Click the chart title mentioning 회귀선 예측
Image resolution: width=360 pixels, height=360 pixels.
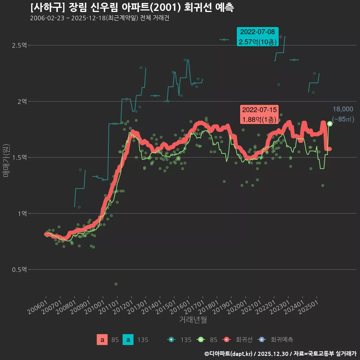pyautogui.click(x=132, y=7)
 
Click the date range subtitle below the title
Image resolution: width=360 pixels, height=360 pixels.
pyautogui.click(x=99, y=18)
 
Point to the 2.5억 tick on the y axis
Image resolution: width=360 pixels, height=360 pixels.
pyautogui.click(x=19, y=45)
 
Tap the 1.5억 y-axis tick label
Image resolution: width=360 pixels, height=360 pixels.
pyautogui.click(x=19, y=157)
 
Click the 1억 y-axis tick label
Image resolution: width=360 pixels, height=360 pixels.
pyautogui.click(x=22, y=213)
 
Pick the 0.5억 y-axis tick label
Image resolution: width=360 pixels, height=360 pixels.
pyautogui.click(x=19, y=270)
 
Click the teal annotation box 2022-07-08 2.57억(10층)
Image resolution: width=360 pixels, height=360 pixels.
pyautogui.click(x=257, y=37)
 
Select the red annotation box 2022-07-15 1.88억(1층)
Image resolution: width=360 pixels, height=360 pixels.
pyautogui.click(x=259, y=114)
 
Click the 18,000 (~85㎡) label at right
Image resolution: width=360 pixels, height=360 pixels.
pyautogui.click(x=343, y=114)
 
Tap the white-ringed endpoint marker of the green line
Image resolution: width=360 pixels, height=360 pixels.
pyautogui.click(x=330, y=124)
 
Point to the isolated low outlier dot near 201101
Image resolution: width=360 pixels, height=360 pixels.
pyautogui.click(x=116, y=284)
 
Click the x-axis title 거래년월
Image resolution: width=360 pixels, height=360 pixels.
pyautogui.click(x=193, y=319)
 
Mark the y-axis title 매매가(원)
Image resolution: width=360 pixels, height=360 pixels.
pyautogui.click(x=6, y=160)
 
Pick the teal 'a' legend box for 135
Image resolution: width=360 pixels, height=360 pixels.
pyautogui.click(x=128, y=340)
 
